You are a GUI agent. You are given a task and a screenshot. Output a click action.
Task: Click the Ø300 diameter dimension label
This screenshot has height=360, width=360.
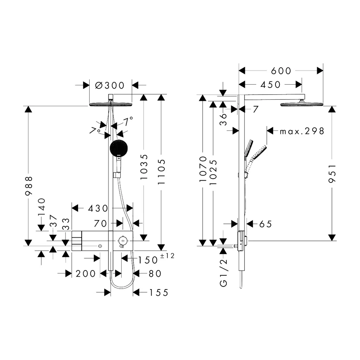(110, 85)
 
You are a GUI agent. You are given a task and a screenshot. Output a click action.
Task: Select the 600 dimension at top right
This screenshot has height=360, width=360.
(281, 71)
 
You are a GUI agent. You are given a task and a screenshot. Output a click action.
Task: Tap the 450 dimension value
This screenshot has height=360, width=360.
(270, 85)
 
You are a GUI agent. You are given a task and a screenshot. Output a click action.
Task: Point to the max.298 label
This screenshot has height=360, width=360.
(302, 131)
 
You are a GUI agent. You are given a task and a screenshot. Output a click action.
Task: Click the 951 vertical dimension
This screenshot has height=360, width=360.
(332, 174)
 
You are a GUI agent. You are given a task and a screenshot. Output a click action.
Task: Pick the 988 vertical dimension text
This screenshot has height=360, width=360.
(29, 186)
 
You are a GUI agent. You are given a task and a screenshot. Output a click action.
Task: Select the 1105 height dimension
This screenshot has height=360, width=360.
(161, 172)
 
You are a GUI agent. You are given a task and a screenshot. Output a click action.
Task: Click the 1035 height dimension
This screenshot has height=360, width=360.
(144, 167)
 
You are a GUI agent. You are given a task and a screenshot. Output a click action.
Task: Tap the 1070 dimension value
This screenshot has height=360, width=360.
(203, 169)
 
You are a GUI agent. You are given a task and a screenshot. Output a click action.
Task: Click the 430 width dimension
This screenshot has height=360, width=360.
(98, 208)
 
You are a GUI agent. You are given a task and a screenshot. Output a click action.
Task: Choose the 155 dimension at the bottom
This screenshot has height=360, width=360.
(159, 293)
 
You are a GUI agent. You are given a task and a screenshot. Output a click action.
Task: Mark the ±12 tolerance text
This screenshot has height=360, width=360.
(167, 256)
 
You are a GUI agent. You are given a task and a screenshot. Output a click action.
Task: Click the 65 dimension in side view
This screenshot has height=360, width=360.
(266, 224)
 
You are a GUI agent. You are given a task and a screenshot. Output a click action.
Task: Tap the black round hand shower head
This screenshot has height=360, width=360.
(119, 148)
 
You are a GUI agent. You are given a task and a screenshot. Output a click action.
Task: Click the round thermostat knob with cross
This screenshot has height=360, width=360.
(123, 240)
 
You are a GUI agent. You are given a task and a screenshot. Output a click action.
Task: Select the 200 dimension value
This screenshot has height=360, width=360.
(86, 274)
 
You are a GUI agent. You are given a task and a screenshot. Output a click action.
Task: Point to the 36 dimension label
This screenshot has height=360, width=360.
(223, 120)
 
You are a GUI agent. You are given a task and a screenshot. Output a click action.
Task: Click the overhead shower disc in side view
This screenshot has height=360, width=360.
(302, 104)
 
